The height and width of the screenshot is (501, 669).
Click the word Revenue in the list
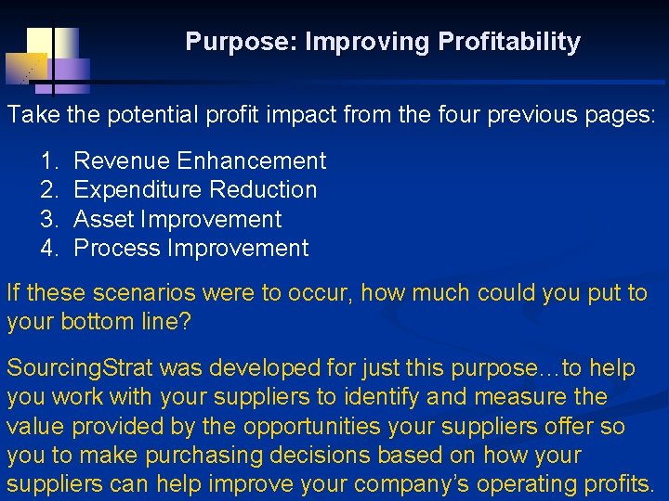click(121, 161)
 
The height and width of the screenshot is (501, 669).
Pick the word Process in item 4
click(117, 249)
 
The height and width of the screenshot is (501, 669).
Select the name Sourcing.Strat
click(80, 369)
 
